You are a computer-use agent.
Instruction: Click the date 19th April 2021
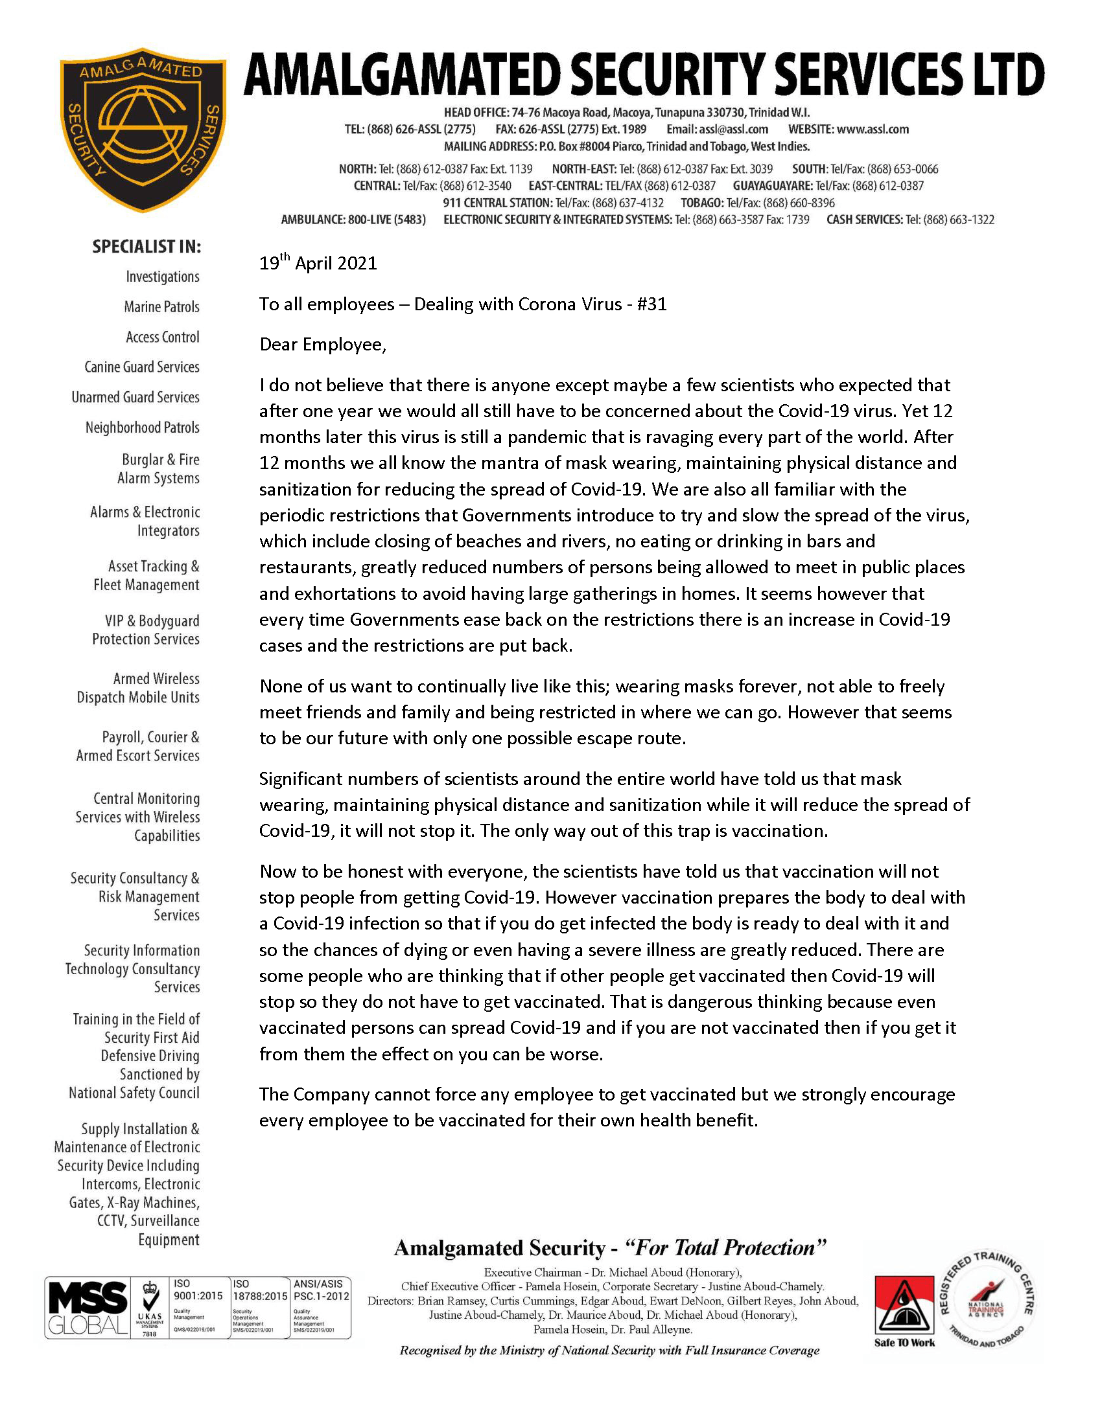[x=318, y=263]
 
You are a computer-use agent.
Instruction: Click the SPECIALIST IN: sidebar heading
[x=147, y=247]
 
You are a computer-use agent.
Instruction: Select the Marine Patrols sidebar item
[x=161, y=306]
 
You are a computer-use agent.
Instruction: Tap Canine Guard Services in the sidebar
[x=142, y=367]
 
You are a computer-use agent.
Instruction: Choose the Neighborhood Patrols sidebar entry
[x=143, y=427]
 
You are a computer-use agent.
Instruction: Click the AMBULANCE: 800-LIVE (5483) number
[x=353, y=220]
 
